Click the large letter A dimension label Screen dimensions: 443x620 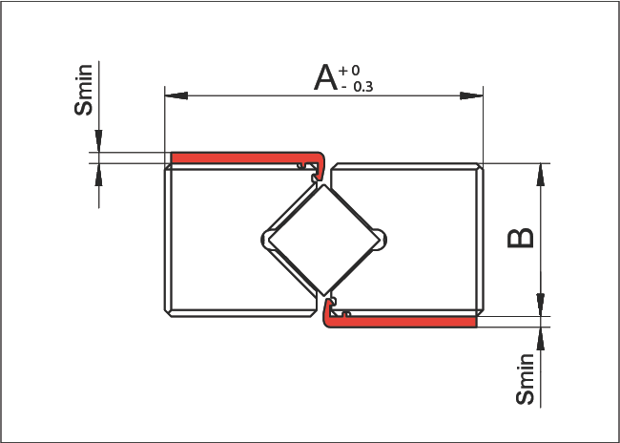pyautogui.click(x=325, y=76)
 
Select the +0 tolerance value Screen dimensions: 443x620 pyautogui.click(x=349, y=70)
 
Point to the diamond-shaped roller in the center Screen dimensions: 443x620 pyautogui.click(x=324, y=239)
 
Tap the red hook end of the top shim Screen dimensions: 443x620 pyautogui.click(x=320, y=164)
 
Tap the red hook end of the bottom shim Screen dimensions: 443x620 pyautogui.click(x=329, y=313)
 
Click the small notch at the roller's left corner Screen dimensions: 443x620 pyautogui.click(x=267, y=239)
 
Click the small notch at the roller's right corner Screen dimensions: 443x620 pyautogui.click(x=382, y=239)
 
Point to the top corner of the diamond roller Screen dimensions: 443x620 pyautogui.click(x=324, y=185)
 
